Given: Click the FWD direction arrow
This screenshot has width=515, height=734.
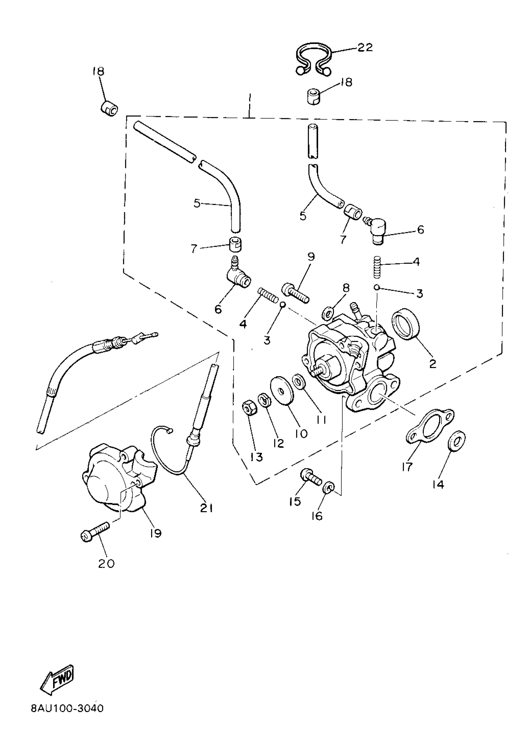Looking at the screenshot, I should tap(58, 681).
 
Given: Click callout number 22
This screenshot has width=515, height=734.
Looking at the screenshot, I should tap(365, 48).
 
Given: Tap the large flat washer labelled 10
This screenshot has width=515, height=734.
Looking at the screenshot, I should tap(281, 392).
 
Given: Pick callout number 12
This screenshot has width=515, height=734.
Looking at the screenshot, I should tap(279, 443).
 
